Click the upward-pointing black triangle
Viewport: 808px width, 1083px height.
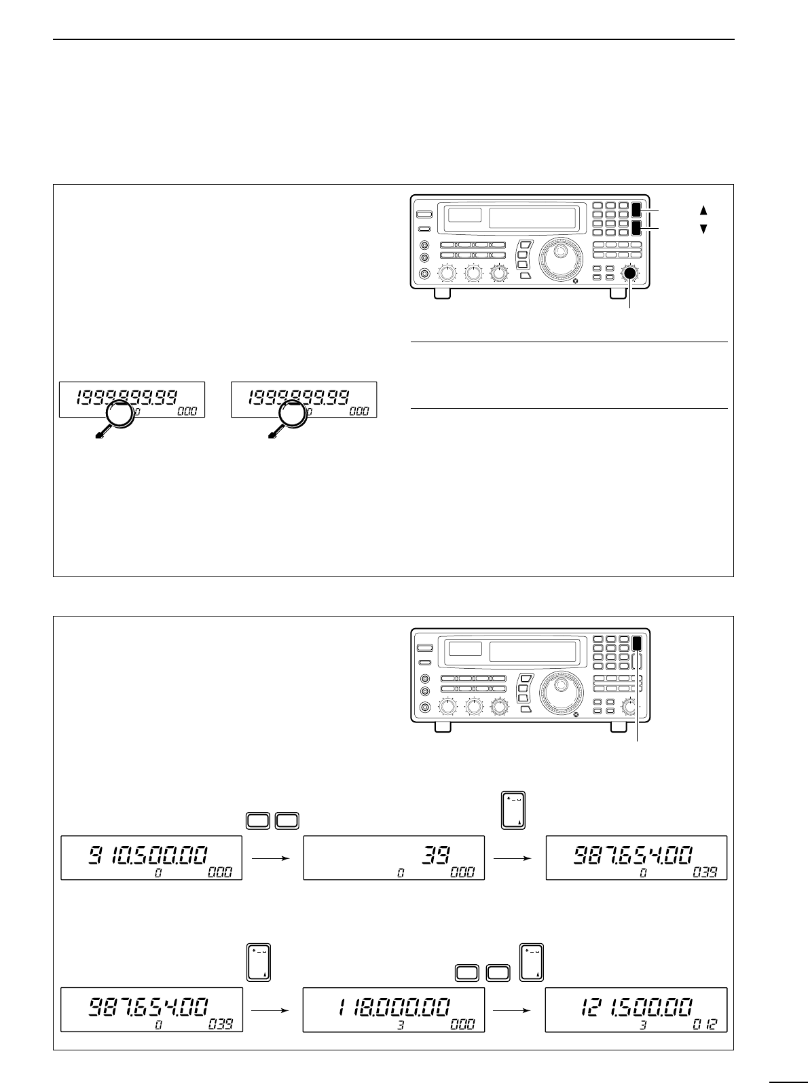(x=703, y=210)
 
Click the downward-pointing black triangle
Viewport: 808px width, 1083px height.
(x=703, y=229)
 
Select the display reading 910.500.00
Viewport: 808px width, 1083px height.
(x=151, y=858)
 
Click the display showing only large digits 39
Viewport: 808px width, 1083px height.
(x=393, y=858)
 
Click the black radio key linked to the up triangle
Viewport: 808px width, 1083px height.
(x=636, y=210)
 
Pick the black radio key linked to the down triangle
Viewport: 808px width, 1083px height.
(x=636, y=227)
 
